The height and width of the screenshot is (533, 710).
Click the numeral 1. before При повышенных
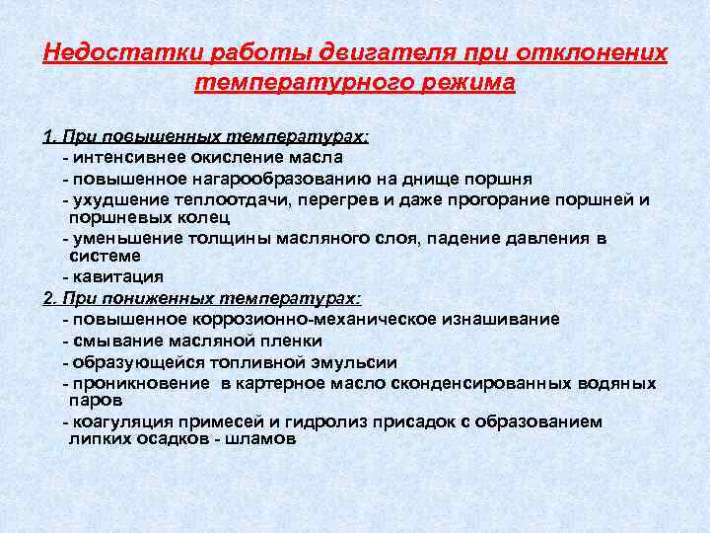[50, 137]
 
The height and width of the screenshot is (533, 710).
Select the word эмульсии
[350, 361]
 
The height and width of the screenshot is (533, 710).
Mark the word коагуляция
[114, 421]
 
